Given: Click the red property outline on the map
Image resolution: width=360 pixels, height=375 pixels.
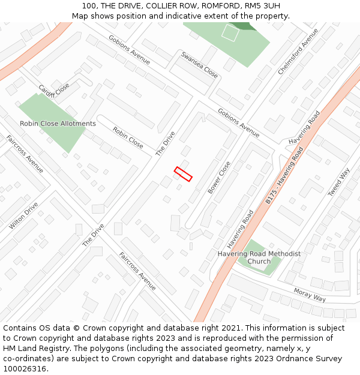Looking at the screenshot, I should coord(183,174).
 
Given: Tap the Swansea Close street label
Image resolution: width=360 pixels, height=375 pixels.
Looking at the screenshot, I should coord(199,65).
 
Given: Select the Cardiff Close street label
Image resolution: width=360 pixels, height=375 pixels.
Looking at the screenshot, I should coord(54,91).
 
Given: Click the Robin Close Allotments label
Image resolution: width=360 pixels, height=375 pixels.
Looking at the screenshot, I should coord(58,124).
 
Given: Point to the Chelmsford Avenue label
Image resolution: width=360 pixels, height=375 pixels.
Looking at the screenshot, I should coord(298,52).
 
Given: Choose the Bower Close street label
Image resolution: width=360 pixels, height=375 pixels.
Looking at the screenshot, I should coord(219,177).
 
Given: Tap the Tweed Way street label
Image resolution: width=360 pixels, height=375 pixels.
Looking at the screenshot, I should coord(338,182).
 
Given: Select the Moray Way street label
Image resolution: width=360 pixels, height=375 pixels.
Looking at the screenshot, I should coord(310,295).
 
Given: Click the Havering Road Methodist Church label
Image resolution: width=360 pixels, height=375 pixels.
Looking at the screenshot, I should coord(259,257).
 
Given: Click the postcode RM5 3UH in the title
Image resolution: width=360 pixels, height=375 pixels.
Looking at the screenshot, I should coord(262,5).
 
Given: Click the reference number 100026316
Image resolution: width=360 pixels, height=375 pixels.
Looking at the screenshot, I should coord(24,369).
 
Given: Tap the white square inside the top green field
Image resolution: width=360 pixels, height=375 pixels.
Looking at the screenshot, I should coord(230,32).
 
